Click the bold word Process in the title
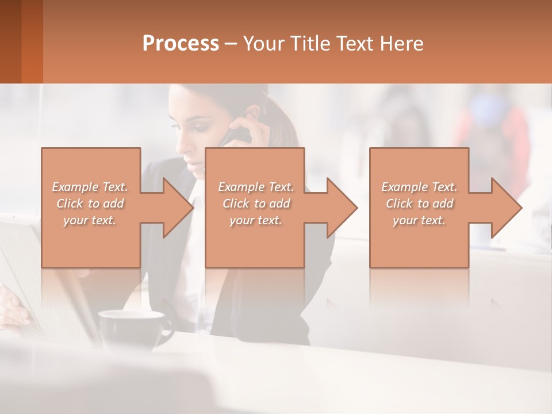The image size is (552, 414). pos(181,44)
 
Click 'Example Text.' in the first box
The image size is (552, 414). pos(90,187)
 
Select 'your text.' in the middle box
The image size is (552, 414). pos(255,220)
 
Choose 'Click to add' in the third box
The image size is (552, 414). pos(419,204)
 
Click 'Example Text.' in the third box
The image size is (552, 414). pos(419,187)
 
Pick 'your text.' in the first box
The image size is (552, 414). pos(90,220)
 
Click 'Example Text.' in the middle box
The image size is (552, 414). pos(255,187)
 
